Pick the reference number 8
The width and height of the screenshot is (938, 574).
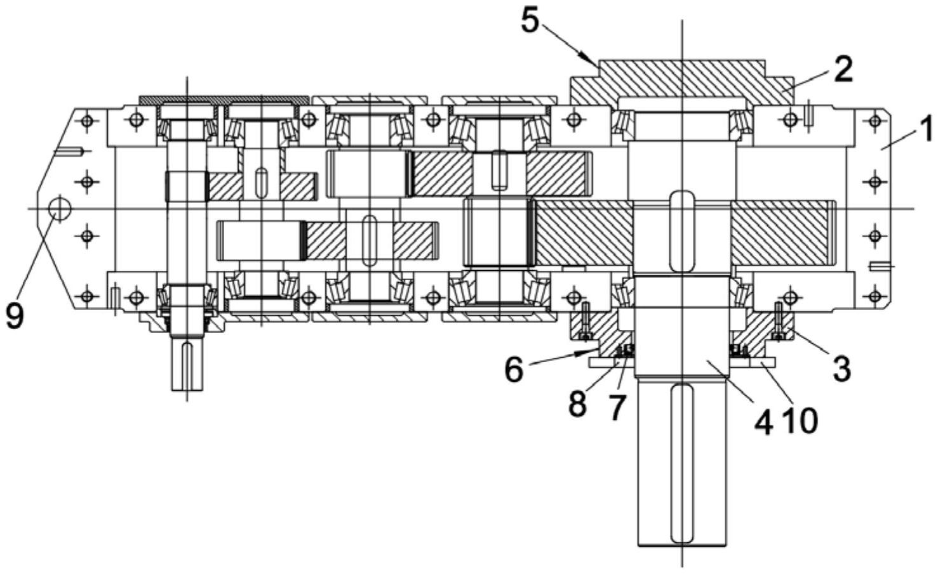pyautogui.click(x=578, y=404)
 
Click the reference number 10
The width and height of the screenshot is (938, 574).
pyautogui.click(x=801, y=422)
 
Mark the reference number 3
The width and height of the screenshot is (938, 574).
pyautogui.click(x=841, y=369)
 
